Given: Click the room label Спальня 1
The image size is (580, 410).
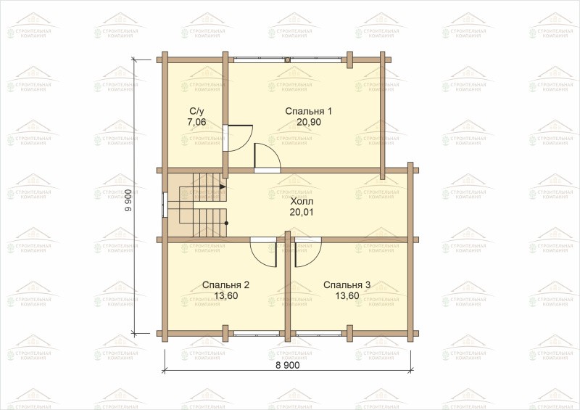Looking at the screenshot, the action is (x=309, y=111).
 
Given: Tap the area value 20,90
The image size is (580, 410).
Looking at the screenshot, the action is (x=309, y=122).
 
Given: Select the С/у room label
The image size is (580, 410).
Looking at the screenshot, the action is (x=196, y=112).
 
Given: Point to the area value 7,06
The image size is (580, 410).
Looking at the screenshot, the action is (x=196, y=122).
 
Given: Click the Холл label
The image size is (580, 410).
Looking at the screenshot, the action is (x=302, y=202).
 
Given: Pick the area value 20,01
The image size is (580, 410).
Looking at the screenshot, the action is (x=302, y=212).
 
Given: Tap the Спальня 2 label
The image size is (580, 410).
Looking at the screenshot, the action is (x=225, y=284).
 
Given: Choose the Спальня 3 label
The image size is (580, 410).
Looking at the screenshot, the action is (x=347, y=284).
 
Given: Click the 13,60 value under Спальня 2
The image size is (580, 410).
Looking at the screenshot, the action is (x=225, y=295).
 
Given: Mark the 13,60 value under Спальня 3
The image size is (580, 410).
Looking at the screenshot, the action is (x=347, y=295).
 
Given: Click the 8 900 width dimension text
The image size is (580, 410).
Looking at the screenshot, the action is (x=288, y=365).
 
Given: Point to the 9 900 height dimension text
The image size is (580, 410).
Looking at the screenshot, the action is (x=128, y=200).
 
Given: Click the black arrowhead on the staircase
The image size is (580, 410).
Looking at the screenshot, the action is (x=223, y=186).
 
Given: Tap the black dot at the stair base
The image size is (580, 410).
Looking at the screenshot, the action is (x=226, y=224).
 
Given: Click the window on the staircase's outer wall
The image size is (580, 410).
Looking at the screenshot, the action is (x=165, y=205).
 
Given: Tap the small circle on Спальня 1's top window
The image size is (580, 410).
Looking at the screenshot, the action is (x=287, y=60).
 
